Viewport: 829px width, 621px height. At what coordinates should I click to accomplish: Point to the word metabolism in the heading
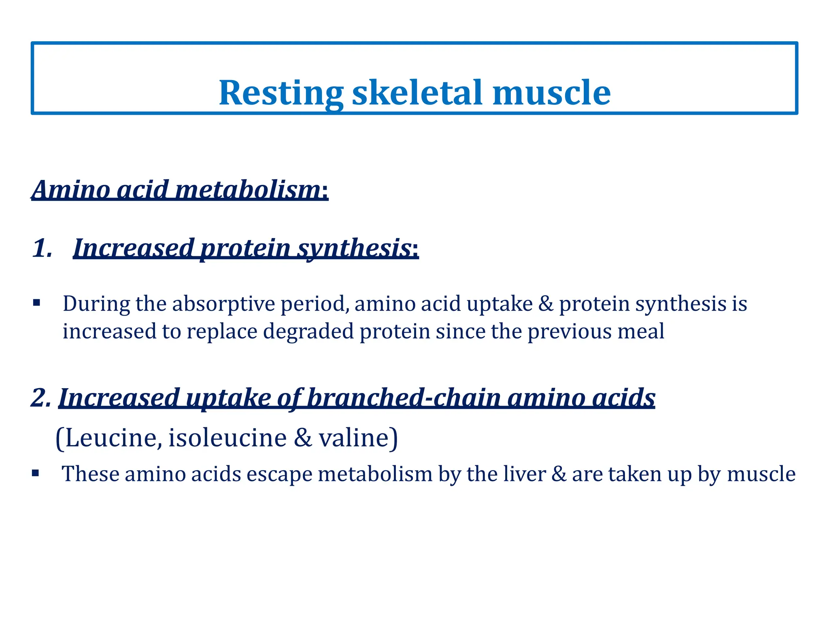[x=248, y=190]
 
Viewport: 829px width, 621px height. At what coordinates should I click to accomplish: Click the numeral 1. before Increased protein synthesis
[x=43, y=248]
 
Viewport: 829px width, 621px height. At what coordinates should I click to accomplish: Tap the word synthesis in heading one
[x=355, y=248]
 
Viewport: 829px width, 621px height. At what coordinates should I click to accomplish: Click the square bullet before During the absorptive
[x=37, y=303]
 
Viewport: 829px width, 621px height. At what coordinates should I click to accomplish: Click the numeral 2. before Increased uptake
[x=41, y=398]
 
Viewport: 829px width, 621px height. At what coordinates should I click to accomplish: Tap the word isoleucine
[x=227, y=438]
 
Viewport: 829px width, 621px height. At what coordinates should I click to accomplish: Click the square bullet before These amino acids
[x=36, y=473]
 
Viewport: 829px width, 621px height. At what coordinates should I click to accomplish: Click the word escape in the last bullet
[x=279, y=475]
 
